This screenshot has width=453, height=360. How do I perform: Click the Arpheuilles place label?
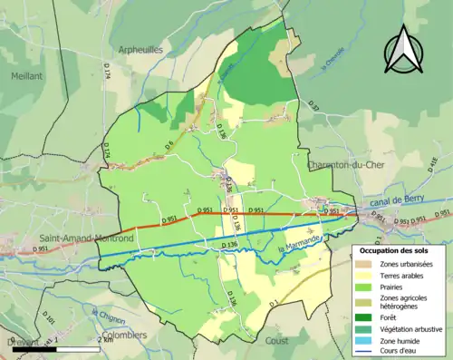pos(140,50)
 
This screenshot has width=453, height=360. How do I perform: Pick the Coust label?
pos(277,341)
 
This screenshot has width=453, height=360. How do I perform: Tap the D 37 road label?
pos(314,106)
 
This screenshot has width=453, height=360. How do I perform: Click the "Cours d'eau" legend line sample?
pos(364,352)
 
